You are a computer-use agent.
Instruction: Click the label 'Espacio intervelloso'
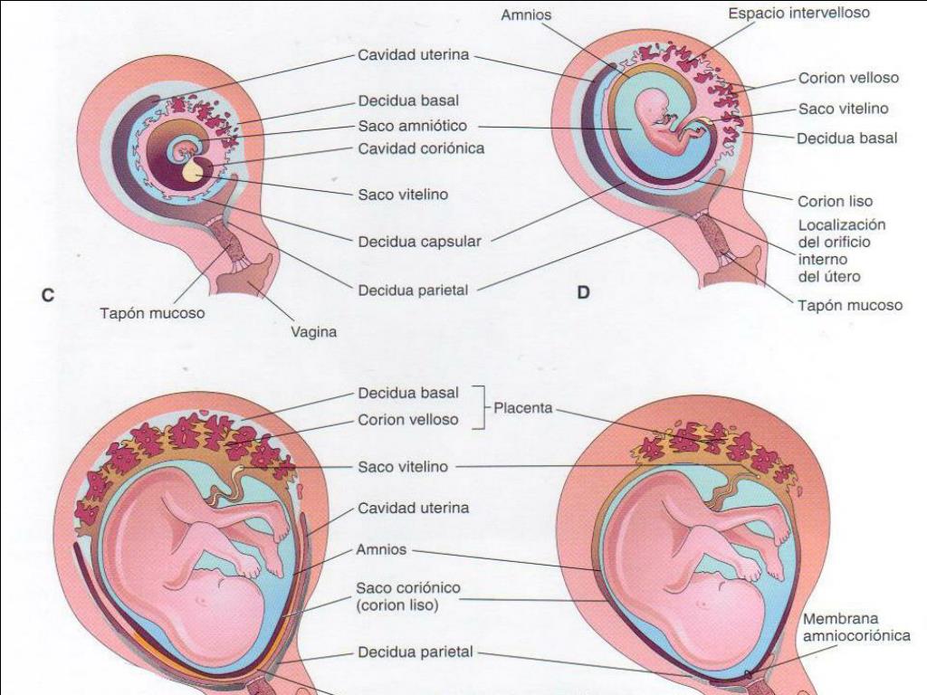pyautogui.click(x=799, y=14)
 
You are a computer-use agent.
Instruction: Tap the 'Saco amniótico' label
pyautogui.click(x=412, y=126)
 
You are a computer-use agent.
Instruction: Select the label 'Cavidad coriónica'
pyautogui.click(x=421, y=148)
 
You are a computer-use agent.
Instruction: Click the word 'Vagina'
pyautogui.click(x=313, y=332)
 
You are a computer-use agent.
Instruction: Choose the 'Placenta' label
pyautogui.click(x=523, y=408)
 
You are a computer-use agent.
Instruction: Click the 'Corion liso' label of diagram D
pyautogui.click(x=835, y=201)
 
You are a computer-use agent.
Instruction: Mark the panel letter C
pyautogui.click(x=49, y=294)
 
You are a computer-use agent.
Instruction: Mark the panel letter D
pyautogui.click(x=584, y=293)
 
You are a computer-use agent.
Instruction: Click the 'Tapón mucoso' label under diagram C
pyautogui.click(x=152, y=314)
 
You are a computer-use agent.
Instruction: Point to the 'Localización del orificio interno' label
pyautogui.click(x=841, y=251)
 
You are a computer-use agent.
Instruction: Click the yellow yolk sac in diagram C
pyautogui.click(x=193, y=171)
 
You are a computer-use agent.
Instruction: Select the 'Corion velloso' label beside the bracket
pyautogui.click(x=407, y=420)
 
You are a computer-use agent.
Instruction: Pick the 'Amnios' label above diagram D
pyautogui.click(x=526, y=15)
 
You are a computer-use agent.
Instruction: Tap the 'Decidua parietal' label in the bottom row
pyautogui.click(x=415, y=652)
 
